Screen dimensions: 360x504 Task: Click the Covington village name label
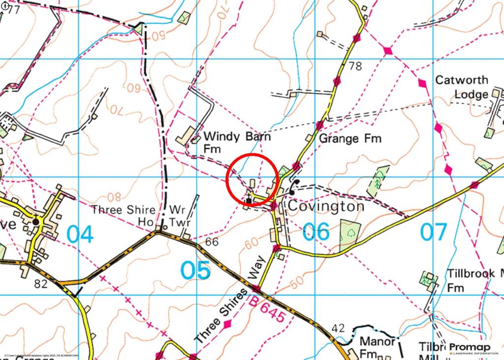click(326, 206)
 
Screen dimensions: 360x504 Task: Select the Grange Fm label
click(350, 139)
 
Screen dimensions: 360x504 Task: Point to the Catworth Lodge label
click(462, 87)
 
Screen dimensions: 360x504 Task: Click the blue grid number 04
click(80, 234)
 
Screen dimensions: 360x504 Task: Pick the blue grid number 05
click(196, 270)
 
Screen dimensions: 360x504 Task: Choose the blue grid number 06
click(316, 231)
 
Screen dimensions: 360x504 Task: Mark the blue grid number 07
click(434, 231)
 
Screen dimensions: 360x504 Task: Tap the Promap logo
click(472, 348)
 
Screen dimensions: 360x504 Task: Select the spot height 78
click(355, 66)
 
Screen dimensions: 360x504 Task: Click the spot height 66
click(212, 242)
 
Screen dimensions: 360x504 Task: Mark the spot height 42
click(339, 328)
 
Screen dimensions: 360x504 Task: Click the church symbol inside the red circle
click(249, 199)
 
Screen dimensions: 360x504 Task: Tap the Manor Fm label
click(377, 347)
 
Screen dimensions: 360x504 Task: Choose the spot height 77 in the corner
click(13, 9)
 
